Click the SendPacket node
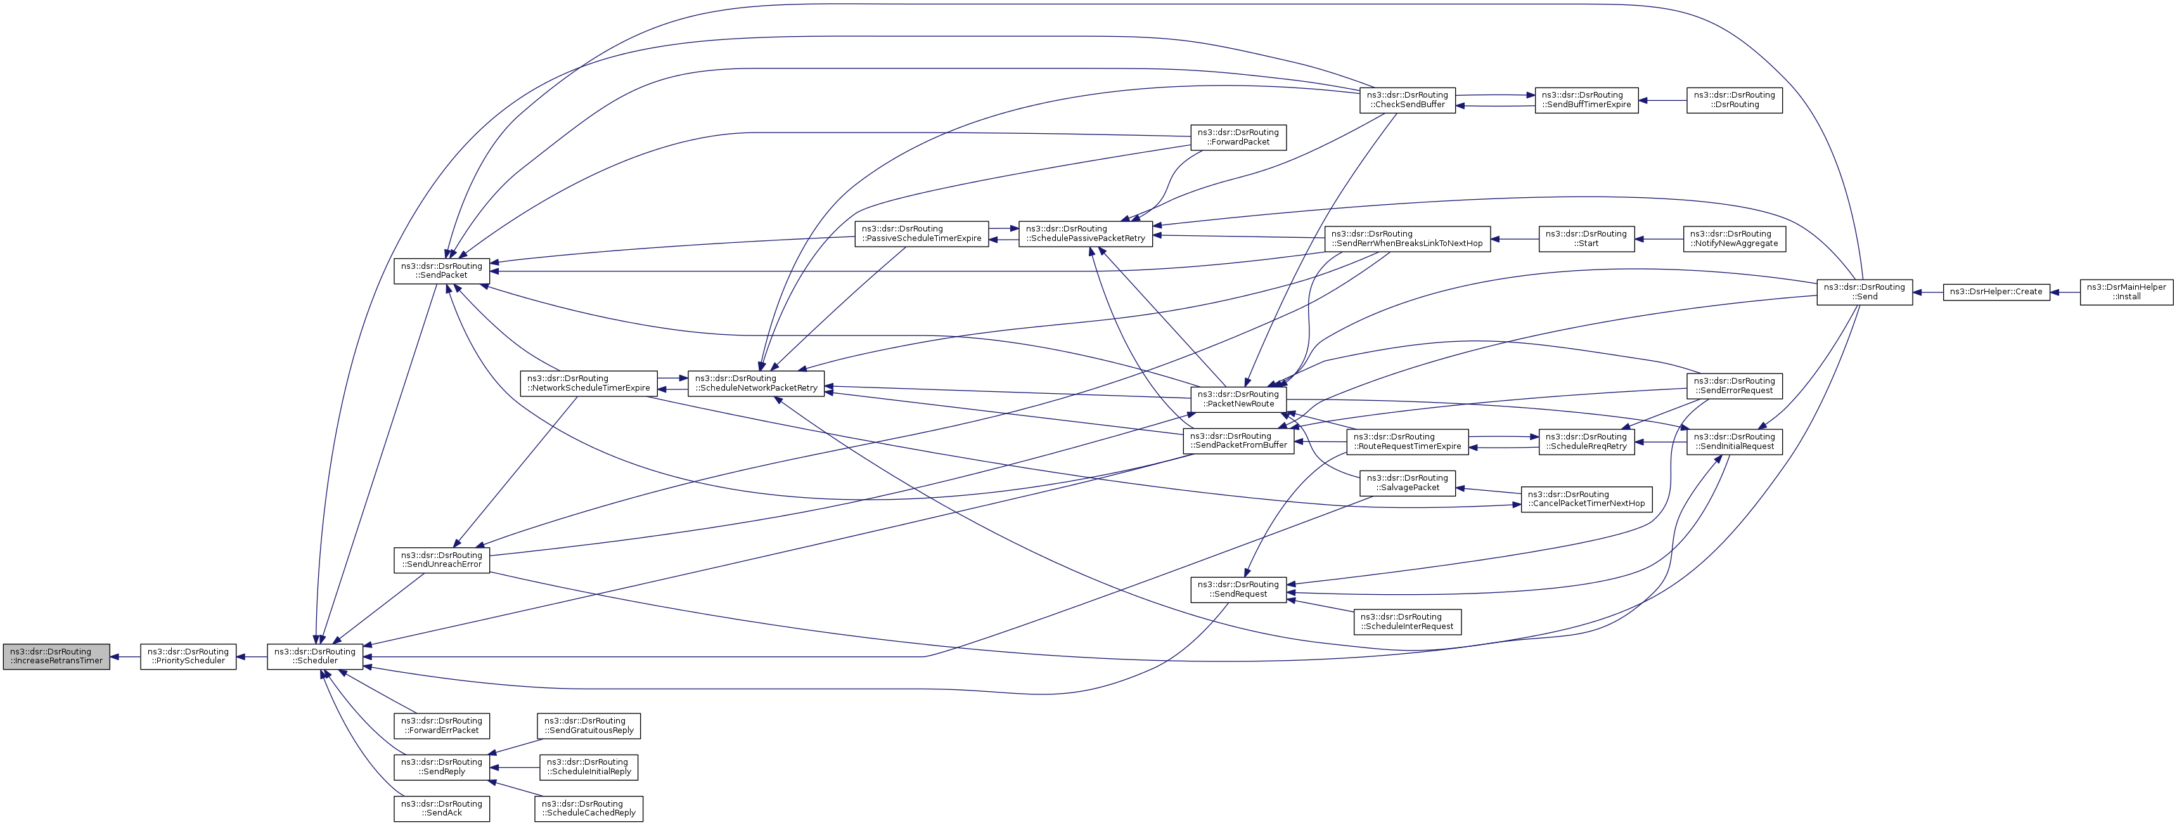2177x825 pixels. pos(442,271)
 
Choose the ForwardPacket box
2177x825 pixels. pos(1238,138)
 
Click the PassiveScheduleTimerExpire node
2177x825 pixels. pos(921,234)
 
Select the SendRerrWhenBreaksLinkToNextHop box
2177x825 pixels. pos(1407,239)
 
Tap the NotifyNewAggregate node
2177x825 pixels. pos(1734,239)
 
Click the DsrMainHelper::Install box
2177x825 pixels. pos(2126,292)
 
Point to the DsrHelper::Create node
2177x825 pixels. pos(1996,292)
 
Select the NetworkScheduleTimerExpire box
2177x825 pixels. pos(588,384)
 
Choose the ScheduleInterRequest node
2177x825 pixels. pos(1407,622)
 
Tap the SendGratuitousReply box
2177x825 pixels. pos(589,726)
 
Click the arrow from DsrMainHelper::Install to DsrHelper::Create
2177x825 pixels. pos(2065,292)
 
